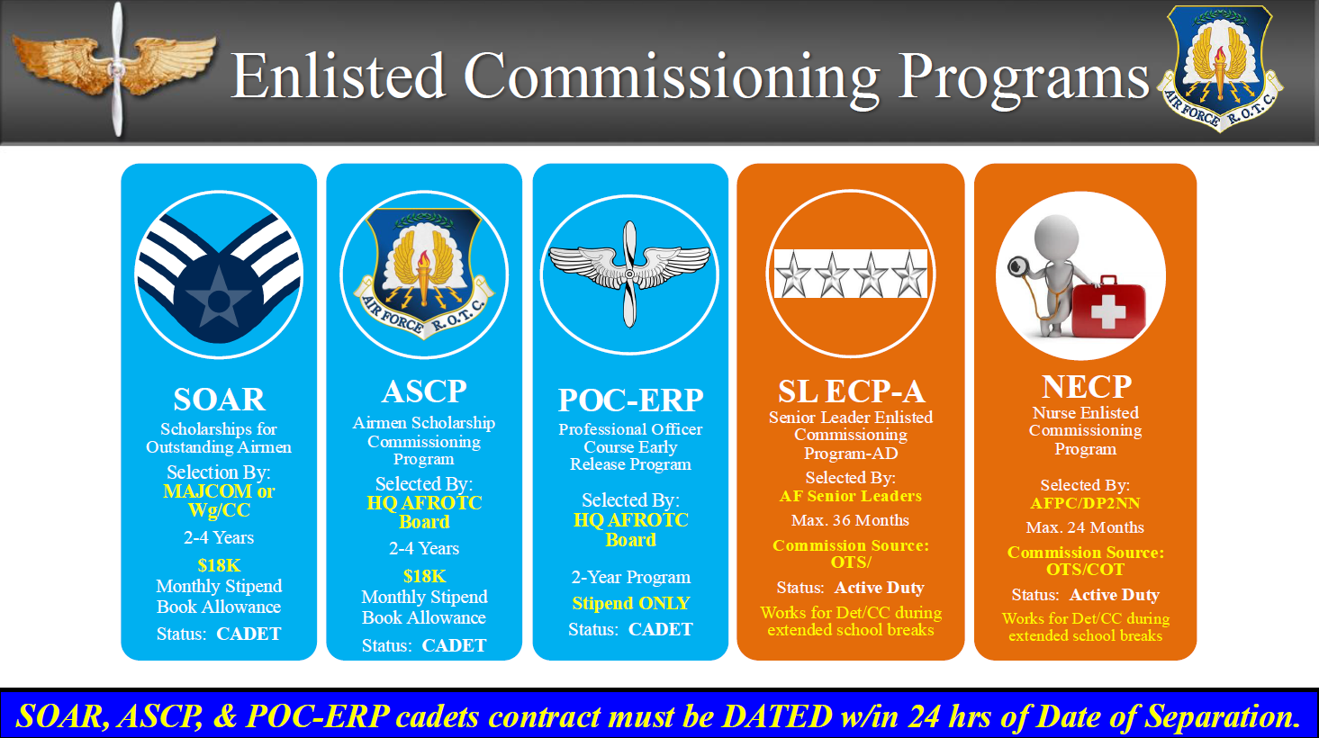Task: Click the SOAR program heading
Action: click(219, 400)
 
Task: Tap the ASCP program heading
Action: click(424, 391)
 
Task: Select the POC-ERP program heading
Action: click(630, 400)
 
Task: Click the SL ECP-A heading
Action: click(851, 391)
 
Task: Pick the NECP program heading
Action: click(1087, 387)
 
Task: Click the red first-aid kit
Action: click(1108, 307)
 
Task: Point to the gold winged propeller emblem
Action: click(115, 67)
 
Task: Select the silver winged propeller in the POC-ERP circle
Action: click(629, 274)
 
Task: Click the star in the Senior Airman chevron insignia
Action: click(219, 299)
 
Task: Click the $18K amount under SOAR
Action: click(219, 565)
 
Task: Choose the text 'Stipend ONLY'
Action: click(630, 603)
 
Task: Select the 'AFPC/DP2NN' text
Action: click(1085, 503)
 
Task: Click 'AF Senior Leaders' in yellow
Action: click(851, 496)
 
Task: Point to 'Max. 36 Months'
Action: click(850, 520)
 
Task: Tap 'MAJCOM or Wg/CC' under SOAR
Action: click(219, 500)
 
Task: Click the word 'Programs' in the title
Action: click(1024, 77)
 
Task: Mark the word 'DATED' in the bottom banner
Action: click(777, 716)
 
